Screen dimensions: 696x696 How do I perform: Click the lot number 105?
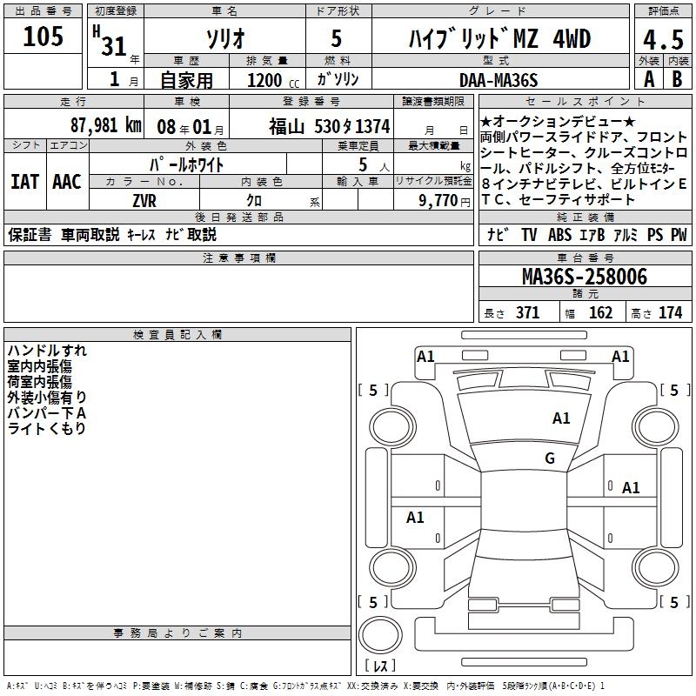point(43,36)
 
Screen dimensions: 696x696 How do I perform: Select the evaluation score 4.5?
point(663,39)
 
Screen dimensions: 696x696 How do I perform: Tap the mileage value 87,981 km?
point(105,125)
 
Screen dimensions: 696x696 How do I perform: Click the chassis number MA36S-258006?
point(585,277)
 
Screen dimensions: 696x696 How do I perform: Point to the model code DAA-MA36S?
point(499,80)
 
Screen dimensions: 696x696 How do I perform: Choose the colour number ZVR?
point(144,201)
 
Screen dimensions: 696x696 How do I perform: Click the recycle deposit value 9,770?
point(438,201)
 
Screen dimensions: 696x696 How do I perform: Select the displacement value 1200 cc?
point(273,80)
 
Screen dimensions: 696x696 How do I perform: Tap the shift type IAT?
point(25,182)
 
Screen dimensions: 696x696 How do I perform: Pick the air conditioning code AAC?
point(67,182)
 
